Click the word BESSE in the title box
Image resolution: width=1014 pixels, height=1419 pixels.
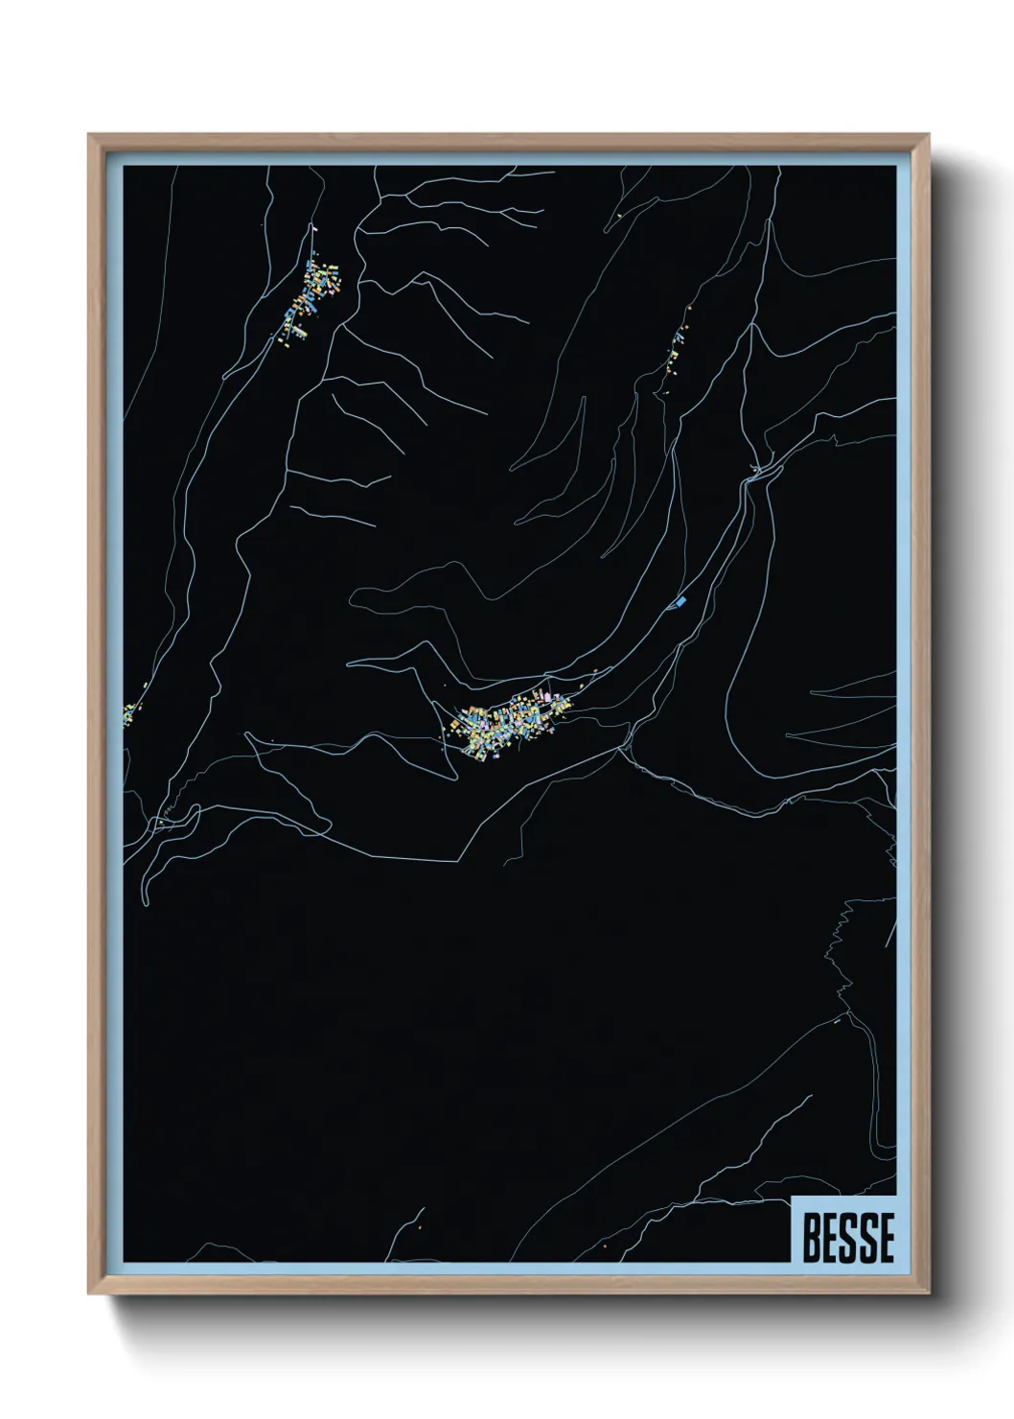coord(848,1238)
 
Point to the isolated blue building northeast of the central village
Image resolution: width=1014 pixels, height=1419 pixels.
coord(681,601)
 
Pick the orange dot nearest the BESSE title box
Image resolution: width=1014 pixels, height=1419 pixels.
coord(605,1246)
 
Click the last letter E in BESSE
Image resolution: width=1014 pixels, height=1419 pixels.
coord(885,1238)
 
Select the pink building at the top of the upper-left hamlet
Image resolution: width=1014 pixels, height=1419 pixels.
coord(313,231)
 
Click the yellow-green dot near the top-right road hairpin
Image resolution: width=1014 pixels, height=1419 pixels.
coord(622,216)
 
